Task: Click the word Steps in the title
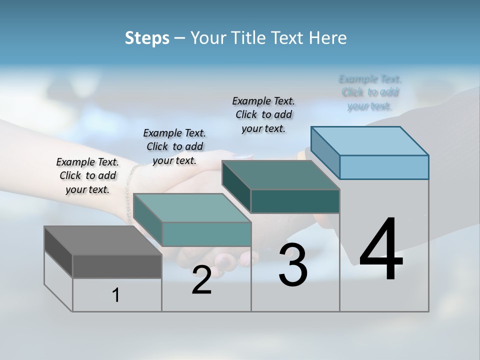tap(147, 38)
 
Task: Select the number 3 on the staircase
tap(293, 265)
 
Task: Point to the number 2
tap(201, 280)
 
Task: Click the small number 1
tap(116, 295)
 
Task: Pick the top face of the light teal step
tap(192, 208)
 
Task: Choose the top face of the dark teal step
tap(280, 175)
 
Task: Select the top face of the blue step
tap(370, 141)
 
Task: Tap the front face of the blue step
tap(384, 167)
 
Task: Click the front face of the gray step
tap(117, 266)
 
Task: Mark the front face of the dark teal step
tap(295, 201)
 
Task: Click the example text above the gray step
tap(87, 175)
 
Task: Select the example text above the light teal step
tap(174, 146)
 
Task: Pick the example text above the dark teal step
tap(263, 114)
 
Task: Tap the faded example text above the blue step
tap(370, 92)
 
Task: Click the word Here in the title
tap(328, 38)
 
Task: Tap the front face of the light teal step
tap(206, 234)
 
